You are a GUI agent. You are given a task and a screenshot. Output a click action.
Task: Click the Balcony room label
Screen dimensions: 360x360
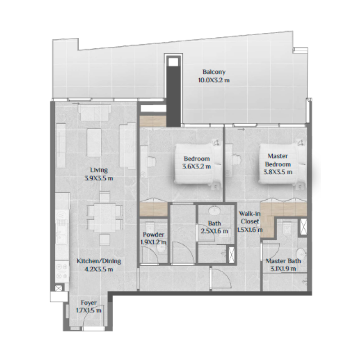(x=213, y=72)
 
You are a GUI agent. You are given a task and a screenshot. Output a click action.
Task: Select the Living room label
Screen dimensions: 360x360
(x=99, y=170)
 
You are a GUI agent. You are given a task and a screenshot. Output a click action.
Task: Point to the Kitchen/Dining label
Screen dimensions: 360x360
(x=99, y=261)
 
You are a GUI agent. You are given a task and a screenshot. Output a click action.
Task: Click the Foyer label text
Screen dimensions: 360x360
(x=89, y=302)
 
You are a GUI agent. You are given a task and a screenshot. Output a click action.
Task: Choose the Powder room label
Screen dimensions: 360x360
(x=153, y=234)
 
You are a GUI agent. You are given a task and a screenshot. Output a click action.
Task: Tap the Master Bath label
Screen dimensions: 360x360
(x=283, y=261)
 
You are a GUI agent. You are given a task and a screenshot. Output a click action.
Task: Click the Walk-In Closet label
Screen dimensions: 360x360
(x=249, y=218)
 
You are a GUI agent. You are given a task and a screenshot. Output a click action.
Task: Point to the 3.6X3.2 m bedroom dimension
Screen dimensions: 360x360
(x=197, y=166)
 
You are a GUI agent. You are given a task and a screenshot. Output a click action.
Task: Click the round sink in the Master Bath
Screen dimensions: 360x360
(x=300, y=252)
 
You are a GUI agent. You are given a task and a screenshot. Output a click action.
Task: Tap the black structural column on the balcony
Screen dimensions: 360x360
(x=173, y=90)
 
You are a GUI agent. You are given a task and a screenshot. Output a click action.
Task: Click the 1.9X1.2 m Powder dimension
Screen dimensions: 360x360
(x=153, y=242)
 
